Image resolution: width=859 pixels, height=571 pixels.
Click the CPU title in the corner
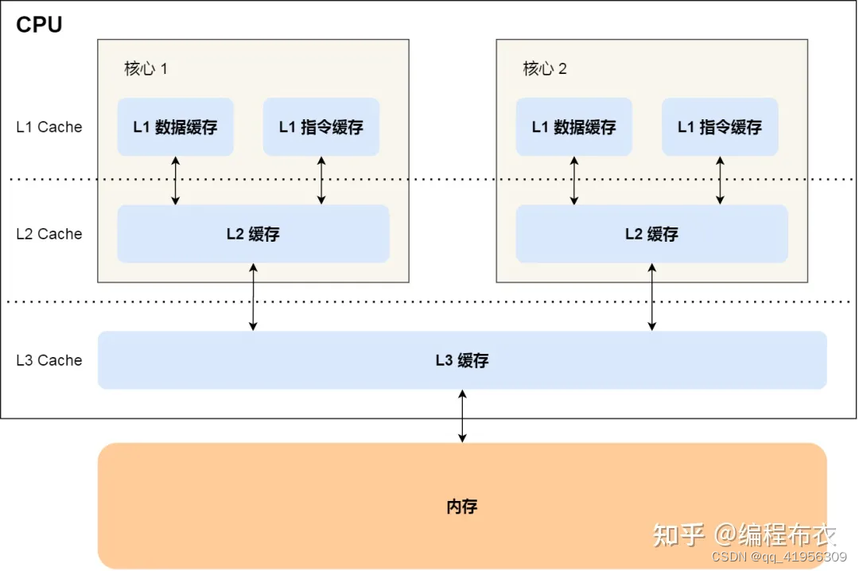coord(39,25)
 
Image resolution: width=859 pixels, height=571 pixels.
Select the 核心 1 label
coord(146,68)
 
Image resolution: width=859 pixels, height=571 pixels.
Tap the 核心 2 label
coord(545,68)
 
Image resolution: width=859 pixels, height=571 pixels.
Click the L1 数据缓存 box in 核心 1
coord(175,127)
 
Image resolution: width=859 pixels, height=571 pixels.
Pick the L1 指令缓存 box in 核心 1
coord(321,127)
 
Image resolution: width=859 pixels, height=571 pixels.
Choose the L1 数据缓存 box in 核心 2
coord(573,127)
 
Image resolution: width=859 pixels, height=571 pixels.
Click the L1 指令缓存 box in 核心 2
coord(720,127)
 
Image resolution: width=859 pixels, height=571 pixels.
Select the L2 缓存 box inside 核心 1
coord(253,234)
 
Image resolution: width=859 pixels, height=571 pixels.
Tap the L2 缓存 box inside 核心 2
coord(651,234)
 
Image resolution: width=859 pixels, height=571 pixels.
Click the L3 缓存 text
coord(462,360)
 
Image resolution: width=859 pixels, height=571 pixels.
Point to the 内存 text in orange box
coord(462,506)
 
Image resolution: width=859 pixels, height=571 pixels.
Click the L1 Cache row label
coord(49,127)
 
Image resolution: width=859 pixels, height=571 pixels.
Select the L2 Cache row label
coord(49,234)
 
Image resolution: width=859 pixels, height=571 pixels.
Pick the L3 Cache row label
coord(49,360)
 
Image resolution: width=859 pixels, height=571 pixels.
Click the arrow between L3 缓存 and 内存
coord(462,416)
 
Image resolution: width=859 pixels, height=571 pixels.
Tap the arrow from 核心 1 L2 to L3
coord(253,297)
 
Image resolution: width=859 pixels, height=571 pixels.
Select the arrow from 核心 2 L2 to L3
coord(652,297)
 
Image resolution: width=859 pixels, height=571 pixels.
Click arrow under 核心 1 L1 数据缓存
coord(176,181)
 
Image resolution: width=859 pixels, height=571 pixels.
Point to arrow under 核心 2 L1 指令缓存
coord(720,181)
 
